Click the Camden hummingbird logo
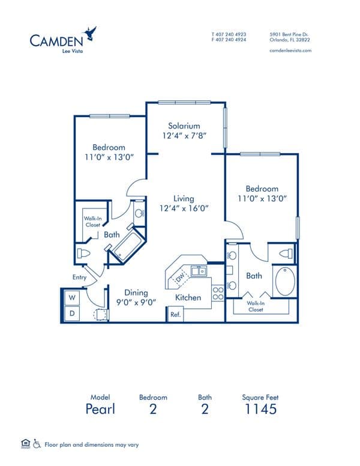(x=90, y=33)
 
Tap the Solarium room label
(x=184, y=126)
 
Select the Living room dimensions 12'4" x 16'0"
(x=184, y=208)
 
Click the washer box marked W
(x=72, y=297)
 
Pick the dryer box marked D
(x=72, y=313)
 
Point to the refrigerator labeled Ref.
(x=175, y=314)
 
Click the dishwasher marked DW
(x=180, y=277)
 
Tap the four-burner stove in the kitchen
(x=218, y=293)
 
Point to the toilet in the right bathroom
(x=286, y=254)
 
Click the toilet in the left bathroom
(x=83, y=253)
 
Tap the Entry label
(x=79, y=277)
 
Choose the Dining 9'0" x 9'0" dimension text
(x=136, y=303)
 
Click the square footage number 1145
(x=260, y=409)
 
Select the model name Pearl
(x=100, y=409)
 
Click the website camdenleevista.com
(x=290, y=50)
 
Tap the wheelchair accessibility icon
(x=37, y=444)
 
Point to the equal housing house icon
(x=26, y=443)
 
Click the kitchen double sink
(x=199, y=271)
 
